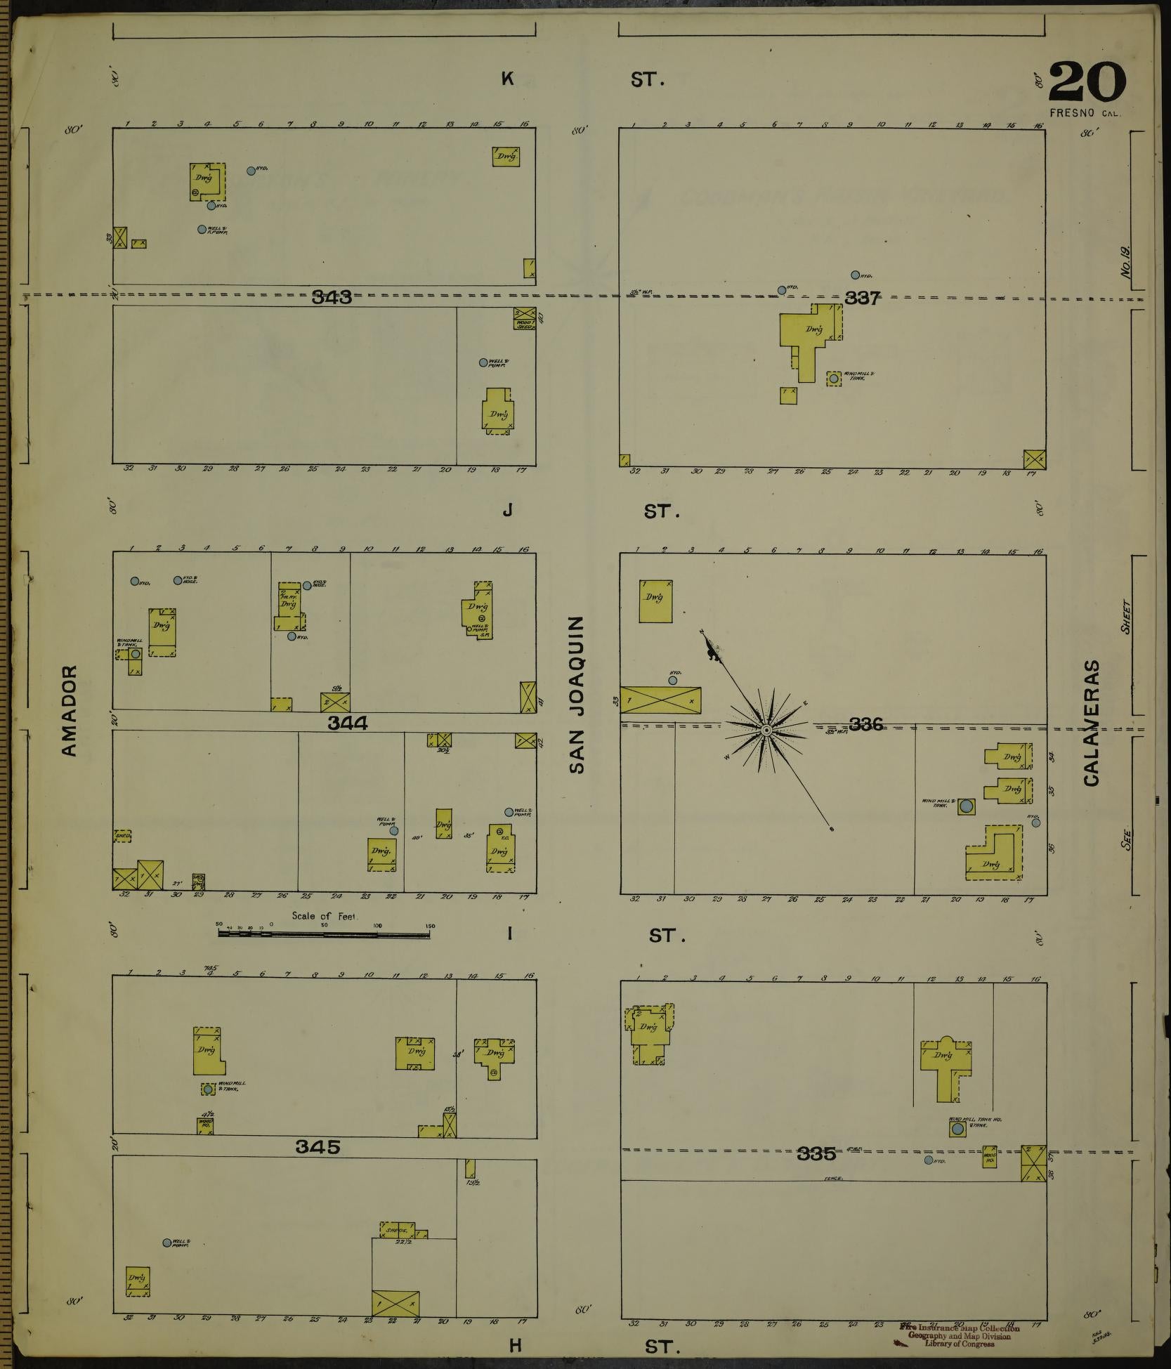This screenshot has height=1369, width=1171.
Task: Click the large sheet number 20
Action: [1087, 83]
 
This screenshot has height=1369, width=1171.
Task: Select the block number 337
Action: [862, 299]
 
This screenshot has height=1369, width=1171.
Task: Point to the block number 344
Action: [348, 723]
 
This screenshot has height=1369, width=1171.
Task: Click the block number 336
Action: [865, 724]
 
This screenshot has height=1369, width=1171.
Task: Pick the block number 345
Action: [318, 1147]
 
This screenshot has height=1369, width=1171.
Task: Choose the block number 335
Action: [816, 1153]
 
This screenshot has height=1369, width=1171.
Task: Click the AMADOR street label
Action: [69, 711]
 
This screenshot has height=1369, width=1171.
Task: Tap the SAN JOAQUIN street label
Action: [577, 695]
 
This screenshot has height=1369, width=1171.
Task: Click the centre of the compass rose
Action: [766, 731]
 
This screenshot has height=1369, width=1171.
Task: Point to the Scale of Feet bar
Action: [327, 934]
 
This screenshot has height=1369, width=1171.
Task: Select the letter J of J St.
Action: [507, 511]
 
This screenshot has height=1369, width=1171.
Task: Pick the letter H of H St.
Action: [516, 1344]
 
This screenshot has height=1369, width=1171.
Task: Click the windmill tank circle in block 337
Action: [833, 379]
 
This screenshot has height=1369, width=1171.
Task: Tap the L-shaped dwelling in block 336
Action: [993, 854]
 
